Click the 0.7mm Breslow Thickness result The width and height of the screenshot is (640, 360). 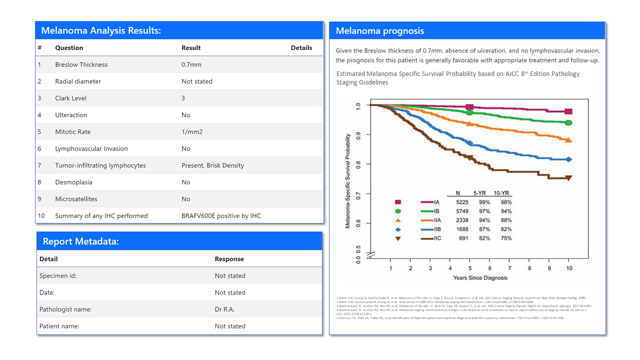[191, 64]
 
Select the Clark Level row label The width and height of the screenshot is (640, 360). [71, 98]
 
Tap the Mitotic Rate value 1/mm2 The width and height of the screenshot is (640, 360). [192, 132]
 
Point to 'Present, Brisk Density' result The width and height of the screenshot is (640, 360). [212, 165]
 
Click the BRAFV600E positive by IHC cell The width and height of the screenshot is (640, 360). [221, 216]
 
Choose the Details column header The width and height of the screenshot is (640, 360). [301, 48]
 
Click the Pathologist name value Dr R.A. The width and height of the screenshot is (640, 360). [224, 309]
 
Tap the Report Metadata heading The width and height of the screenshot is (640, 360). [80, 241]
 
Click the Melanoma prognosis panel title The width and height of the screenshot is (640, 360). [379, 31]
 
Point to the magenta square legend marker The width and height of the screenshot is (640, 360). [398, 202]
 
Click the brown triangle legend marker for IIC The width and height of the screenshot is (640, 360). [398, 238]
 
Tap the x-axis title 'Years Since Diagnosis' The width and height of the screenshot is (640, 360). [480, 278]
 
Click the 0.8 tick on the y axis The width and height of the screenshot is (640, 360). [357, 164]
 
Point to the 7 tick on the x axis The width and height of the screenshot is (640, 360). [509, 268]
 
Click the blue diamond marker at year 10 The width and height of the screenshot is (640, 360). [568, 159]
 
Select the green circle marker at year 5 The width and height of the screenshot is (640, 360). [469, 112]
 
